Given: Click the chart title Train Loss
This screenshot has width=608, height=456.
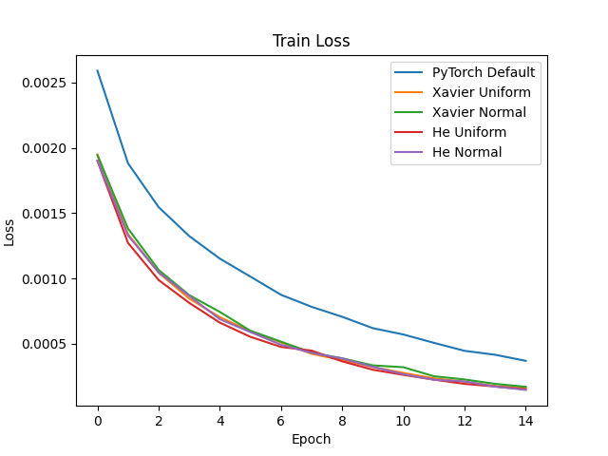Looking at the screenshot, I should tap(311, 41).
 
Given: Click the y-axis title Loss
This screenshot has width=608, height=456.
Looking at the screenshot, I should tap(10, 232).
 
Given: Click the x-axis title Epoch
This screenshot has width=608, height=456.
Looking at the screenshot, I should tap(311, 439).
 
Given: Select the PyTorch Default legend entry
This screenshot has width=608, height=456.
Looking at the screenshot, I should tap(484, 72).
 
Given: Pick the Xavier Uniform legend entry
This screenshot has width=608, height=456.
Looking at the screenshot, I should tap(482, 92).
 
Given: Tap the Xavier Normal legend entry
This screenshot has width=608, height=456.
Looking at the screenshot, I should tap(479, 112).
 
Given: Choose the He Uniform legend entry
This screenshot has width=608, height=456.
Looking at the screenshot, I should tap(469, 132).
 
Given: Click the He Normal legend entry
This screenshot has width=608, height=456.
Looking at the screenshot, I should tap(466, 152).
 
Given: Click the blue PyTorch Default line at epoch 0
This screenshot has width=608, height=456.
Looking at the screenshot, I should tap(98, 70).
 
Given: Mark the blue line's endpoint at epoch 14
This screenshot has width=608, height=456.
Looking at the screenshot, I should tap(526, 361).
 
